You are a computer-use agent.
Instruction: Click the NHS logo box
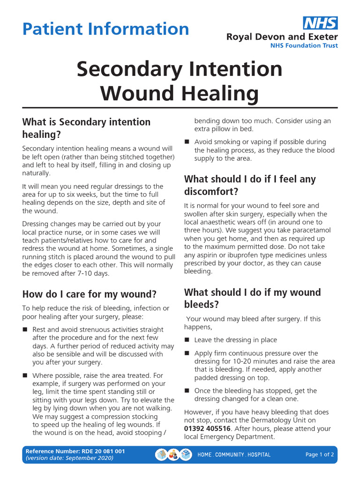pyautogui.click(x=320, y=23)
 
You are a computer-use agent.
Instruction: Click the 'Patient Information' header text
pyautogui.click(x=105, y=29)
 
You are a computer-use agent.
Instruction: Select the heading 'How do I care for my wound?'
pyautogui.click(x=90, y=294)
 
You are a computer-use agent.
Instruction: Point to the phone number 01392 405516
pyautogui.click(x=207, y=428)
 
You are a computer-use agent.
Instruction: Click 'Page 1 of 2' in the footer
pyautogui.click(x=320, y=454)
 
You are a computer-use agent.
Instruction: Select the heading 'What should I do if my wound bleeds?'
pyautogui.click(x=253, y=298)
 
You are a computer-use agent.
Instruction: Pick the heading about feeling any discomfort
pyautogui.click(x=250, y=185)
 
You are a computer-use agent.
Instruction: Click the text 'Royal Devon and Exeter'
pyautogui.click(x=282, y=37)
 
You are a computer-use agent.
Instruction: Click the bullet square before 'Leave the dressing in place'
pyautogui.click(x=187, y=340)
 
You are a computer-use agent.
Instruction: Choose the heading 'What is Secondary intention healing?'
pyautogui.click(x=86, y=128)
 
